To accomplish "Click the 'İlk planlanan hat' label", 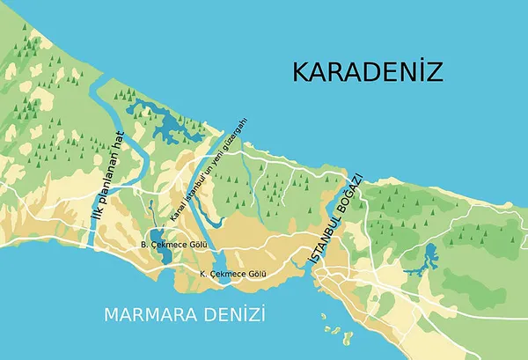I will (107, 176).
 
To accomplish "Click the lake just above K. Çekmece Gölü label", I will (221, 261).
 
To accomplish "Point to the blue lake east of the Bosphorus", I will (429, 258).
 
